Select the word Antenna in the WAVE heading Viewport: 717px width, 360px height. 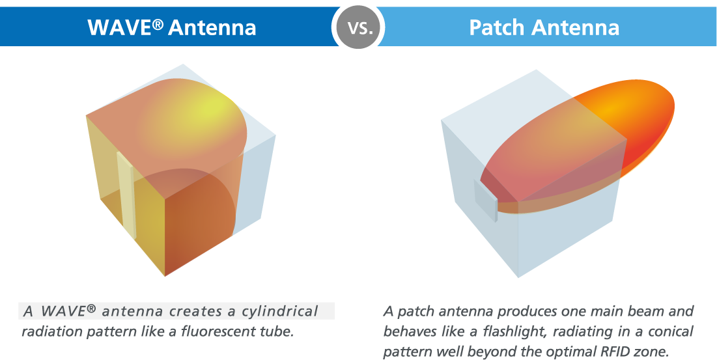pos(211,27)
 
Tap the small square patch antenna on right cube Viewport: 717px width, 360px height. pos(485,199)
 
